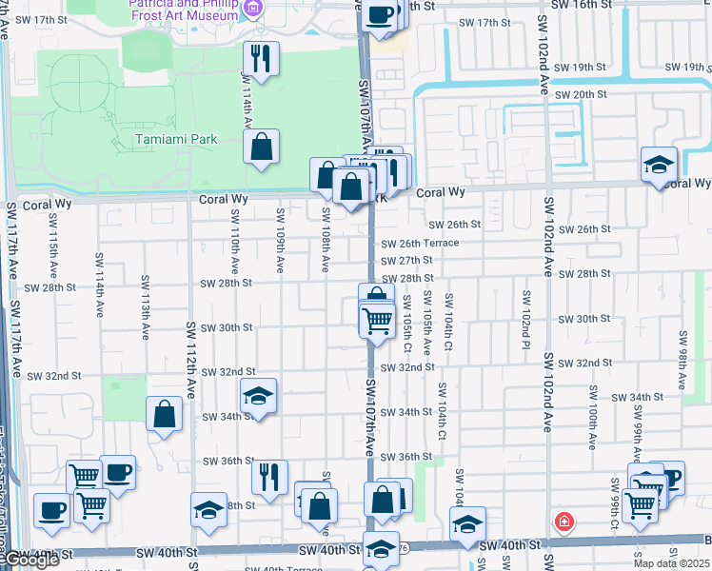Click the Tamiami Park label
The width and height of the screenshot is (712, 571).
(x=175, y=139)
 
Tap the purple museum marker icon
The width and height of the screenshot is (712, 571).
(x=253, y=10)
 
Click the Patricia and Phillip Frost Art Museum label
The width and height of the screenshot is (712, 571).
(x=183, y=10)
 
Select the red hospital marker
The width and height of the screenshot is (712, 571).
(x=564, y=522)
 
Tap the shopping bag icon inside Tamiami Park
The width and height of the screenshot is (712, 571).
(x=261, y=148)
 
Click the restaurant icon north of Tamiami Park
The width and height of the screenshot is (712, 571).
(x=261, y=59)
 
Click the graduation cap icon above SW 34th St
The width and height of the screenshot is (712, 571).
(x=257, y=396)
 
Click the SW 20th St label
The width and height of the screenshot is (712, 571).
(x=581, y=95)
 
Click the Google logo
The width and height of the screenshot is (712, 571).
(x=31, y=560)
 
